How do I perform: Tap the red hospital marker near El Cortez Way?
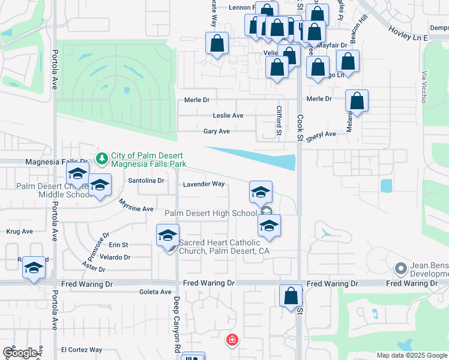click(232, 341)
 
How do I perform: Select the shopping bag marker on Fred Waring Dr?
click(291, 296)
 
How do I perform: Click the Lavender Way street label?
click(204, 184)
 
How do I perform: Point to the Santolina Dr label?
click(146, 180)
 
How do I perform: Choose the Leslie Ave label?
click(228, 115)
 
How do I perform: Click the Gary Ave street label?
click(217, 131)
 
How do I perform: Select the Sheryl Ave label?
click(321, 134)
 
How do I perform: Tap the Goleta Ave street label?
click(155, 292)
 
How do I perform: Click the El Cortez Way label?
click(82, 350)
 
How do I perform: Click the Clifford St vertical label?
click(279, 120)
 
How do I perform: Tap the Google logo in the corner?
click(20, 353)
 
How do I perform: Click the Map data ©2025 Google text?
click(412, 355)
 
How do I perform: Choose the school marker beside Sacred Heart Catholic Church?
click(168, 235)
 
